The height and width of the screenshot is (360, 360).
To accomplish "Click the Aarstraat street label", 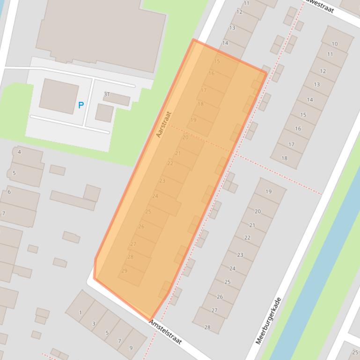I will coord(164,124).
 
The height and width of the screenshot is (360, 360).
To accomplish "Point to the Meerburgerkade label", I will coord(269,321).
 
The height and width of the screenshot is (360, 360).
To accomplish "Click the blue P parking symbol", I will coord(81,105).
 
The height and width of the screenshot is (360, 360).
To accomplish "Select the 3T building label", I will coord(107,94).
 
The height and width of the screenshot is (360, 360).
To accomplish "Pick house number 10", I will coord(334,44).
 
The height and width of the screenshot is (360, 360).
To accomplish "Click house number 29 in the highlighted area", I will coord(124,271).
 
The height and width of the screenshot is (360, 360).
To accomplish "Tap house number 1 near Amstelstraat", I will coord(81,313).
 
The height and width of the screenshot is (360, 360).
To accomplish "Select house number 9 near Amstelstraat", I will coord(131,347).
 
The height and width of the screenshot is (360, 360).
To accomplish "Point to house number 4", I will coord(19,152).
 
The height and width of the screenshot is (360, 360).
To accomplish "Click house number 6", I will coord(9,192).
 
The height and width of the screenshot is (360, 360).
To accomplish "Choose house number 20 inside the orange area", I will coord(185,137).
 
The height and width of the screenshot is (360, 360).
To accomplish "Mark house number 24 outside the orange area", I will coord(232,268).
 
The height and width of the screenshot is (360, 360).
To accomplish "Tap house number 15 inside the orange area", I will coord(217,61).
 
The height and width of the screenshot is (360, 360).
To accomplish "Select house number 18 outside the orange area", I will coord(284,158).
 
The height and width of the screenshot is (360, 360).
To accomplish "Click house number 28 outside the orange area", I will coord(207,327).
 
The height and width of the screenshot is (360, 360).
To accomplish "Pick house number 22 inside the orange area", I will coord(170,163).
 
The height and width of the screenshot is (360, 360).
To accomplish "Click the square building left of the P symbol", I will coord(59,95).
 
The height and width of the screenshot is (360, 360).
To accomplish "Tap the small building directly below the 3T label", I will coord(104,113).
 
